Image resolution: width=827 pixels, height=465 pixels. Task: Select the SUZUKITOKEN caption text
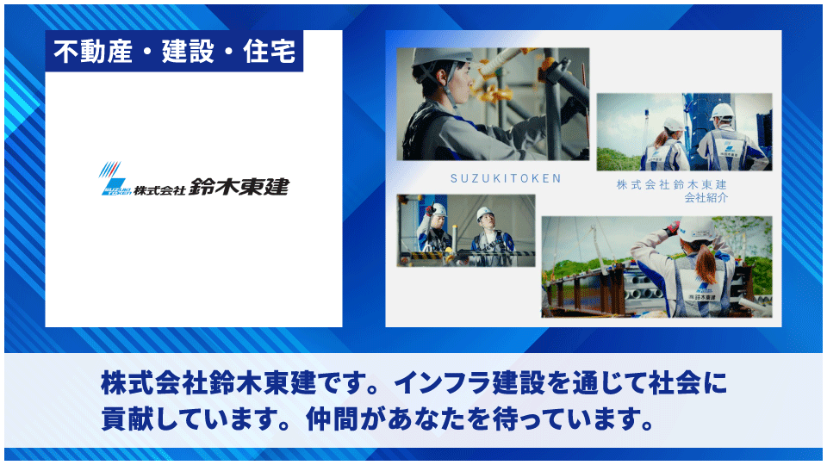click(x=506, y=179)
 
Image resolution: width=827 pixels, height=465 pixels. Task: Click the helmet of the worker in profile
click(x=431, y=58)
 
